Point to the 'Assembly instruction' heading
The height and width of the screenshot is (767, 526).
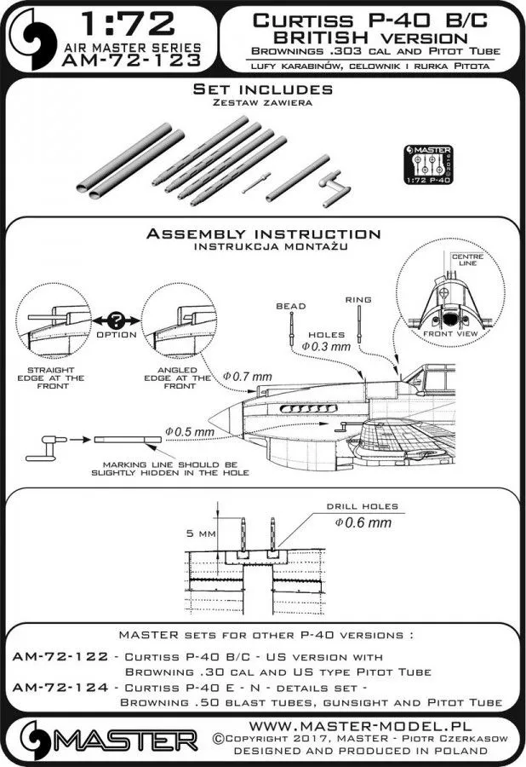(x=262, y=234)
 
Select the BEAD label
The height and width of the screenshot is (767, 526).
(x=287, y=304)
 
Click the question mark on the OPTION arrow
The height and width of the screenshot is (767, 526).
(x=116, y=320)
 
